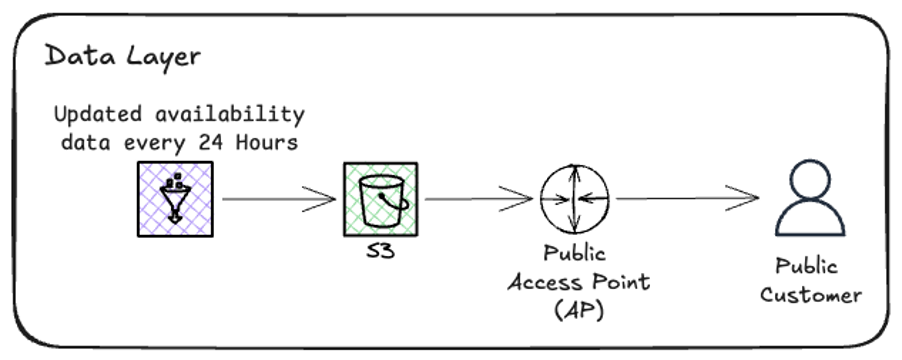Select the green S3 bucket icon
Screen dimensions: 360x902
coord(381,199)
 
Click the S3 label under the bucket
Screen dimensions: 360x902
coord(380,251)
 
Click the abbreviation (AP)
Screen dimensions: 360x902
coord(574,310)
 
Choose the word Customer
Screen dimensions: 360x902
coord(810,296)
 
